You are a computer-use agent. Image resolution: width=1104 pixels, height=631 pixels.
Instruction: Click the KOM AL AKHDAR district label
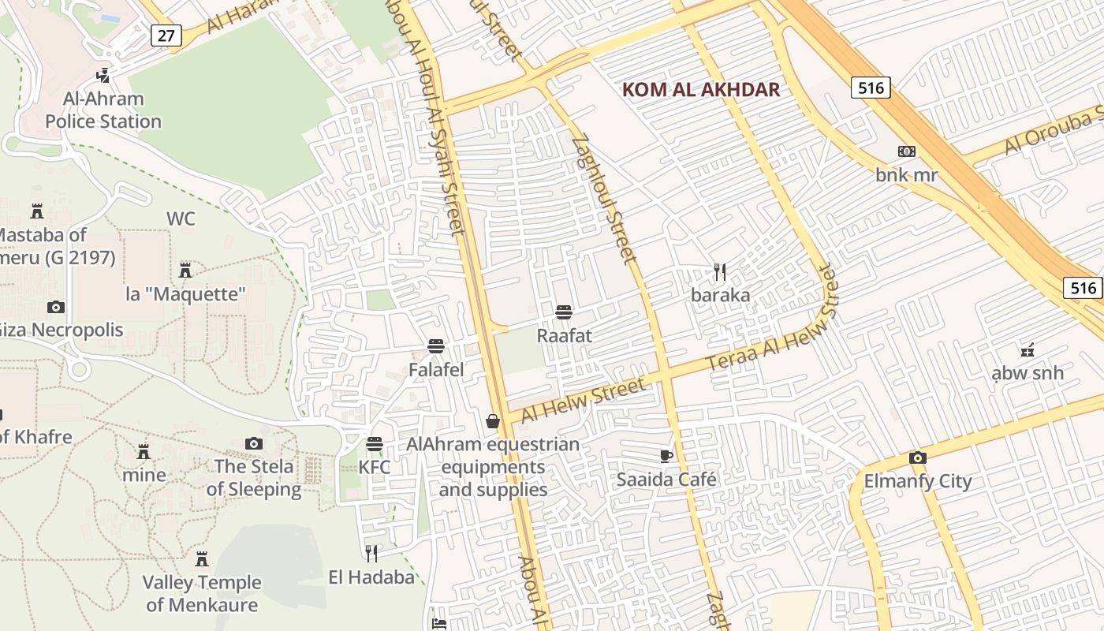[x=701, y=89]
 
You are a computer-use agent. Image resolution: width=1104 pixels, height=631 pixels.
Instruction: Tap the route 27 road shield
[x=166, y=35]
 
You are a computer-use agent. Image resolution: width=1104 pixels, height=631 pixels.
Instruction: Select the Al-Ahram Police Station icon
[x=102, y=76]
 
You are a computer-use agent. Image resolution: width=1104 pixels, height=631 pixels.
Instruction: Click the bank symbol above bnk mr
[x=907, y=151]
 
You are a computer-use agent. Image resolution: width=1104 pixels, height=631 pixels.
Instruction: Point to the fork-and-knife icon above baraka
[x=719, y=272]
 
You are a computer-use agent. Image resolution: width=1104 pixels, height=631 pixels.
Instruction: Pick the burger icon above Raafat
[x=563, y=312]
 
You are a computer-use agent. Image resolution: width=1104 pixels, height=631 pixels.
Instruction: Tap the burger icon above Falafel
[x=435, y=346]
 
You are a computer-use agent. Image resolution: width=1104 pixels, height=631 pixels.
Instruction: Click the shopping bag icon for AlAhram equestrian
[x=493, y=421]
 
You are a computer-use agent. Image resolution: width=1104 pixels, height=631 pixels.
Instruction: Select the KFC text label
[x=375, y=467]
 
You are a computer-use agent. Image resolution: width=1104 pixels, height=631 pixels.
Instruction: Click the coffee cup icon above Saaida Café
[x=666, y=456]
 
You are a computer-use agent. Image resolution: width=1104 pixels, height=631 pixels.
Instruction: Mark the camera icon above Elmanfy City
[x=917, y=457]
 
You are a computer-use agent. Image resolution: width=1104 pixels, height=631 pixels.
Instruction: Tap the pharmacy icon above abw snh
[x=1027, y=349]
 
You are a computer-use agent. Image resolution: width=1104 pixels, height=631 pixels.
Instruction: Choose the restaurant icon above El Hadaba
[x=371, y=554]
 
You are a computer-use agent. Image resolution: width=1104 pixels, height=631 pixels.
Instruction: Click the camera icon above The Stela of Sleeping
[x=253, y=443]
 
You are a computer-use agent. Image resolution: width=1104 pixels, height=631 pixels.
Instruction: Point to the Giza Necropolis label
[x=62, y=330]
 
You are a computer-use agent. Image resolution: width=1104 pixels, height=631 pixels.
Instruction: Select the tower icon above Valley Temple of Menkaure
[x=202, y=559]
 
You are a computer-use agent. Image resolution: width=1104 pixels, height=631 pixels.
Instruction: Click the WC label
[x=181, y=218]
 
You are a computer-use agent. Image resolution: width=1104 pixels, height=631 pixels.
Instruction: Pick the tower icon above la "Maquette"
[x=185, y=271]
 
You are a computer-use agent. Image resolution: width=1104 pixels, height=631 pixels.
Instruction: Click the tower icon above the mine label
[x=144, y=452]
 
